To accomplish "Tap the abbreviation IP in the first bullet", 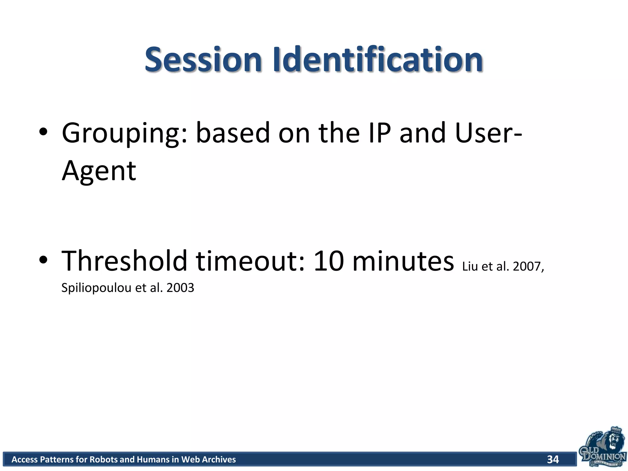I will [380, 133].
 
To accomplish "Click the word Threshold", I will [124, 261].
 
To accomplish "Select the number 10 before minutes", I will [329, 261].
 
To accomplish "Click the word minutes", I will [403, 261].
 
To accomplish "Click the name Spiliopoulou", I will [96, 288].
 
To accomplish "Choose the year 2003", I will [180, 288].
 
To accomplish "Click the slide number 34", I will [553, 459].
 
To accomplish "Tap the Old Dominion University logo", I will [602, 448].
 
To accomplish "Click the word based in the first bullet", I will [233, 133].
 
